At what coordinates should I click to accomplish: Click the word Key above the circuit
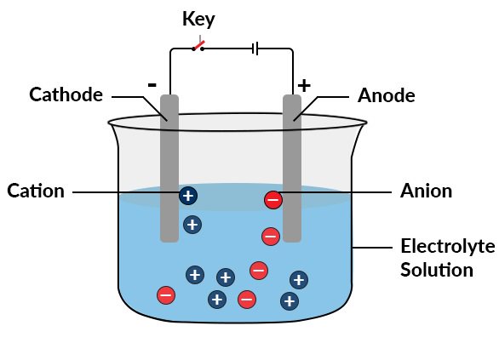click(198, 19)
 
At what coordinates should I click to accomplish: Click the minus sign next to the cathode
click(152, 84)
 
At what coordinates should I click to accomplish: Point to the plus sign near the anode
click(304, 85)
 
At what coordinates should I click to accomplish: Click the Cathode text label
click(66, 94)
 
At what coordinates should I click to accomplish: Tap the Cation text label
click(36, 191)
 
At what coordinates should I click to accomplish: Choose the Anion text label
click(426, 191)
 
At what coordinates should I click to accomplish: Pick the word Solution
click(437, 271)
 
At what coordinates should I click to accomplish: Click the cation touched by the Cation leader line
click(187, 196)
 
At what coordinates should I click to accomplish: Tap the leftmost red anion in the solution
click(166, 295)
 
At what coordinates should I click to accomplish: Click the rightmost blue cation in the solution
click(298, 279)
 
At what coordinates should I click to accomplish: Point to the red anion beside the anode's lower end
click(270, 236)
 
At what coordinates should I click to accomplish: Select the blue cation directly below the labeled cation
click(192, 225)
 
